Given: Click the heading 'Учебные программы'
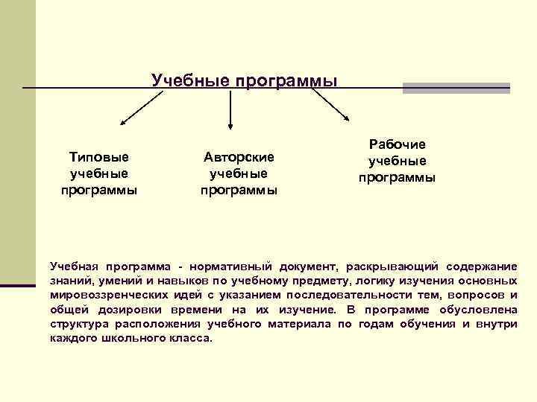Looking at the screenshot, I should pyautogui.click(x=245, y=80).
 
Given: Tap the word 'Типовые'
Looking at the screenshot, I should pyautogui.click(x=99, y=157).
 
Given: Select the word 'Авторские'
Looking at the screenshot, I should pyautogui.click(x=239, y=157).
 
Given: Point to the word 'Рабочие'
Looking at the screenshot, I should pyautogui.click(x=397, y=144).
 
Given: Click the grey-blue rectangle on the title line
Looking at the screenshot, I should pyautogui.click(x=456, y=88).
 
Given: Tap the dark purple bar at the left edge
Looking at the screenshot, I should pyautogui.click(x=18, y=284).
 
